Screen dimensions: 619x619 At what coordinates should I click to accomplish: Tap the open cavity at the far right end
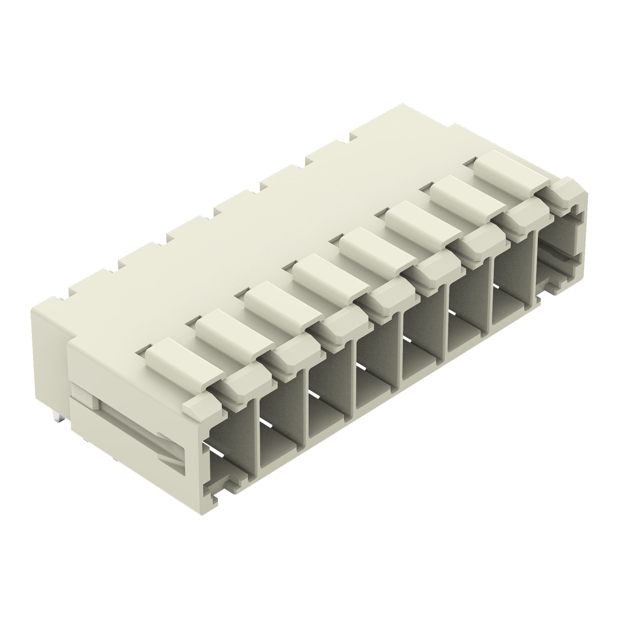point(558,253)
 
